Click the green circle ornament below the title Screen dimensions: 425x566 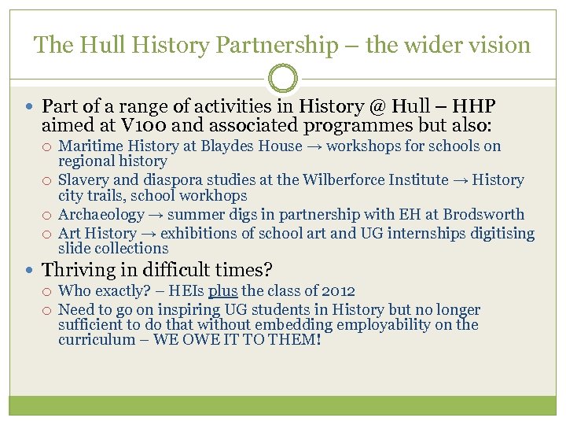tap(283, 79)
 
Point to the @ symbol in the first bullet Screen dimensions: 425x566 tap(379, 106)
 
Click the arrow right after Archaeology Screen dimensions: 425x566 tap(156, 214)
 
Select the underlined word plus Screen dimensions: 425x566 tap(223, 291)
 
